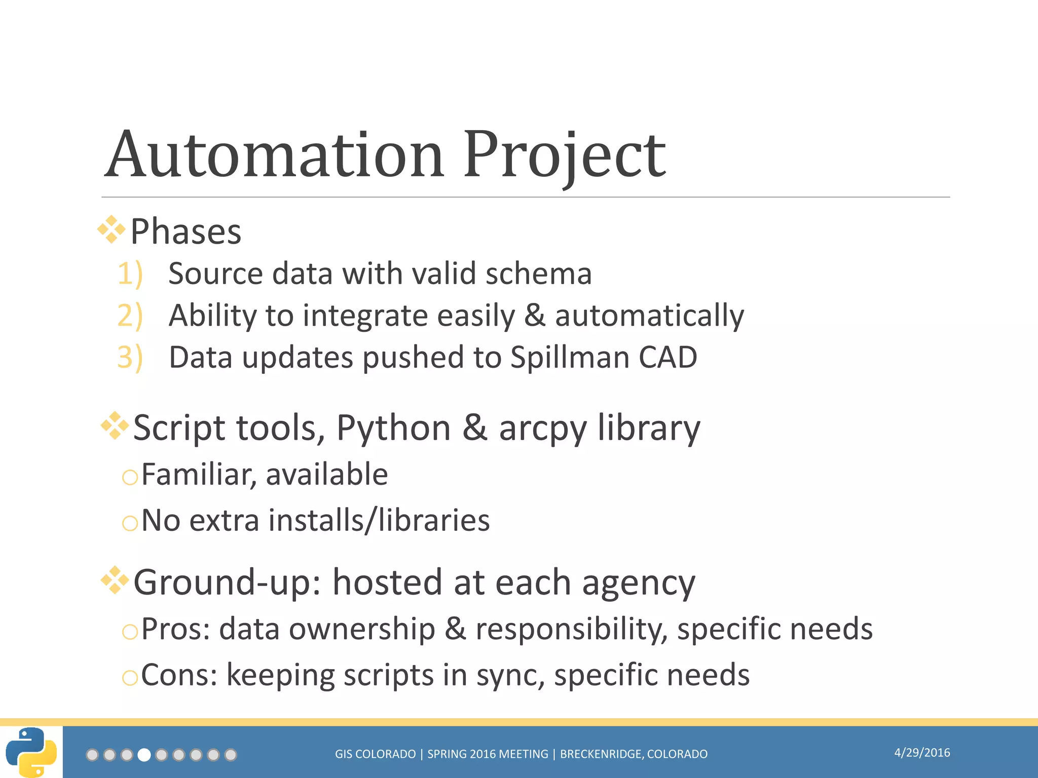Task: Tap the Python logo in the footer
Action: pyautogui.click(x=31, y=752)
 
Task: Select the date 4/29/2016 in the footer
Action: pyautogui.click(x=922, y=753)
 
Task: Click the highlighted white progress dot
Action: pyautogui.click(x=144, y=755)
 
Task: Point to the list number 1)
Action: pyautogui.click(x=130, y=274)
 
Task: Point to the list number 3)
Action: pyautogui.click(x=130, y=358)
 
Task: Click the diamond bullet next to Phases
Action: pyautogui.click(x=111, y=229)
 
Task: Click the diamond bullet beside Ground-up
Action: pyautogui.click(x=115, y=580)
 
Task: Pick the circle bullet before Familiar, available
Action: pyautogui.click(x=130, y=477)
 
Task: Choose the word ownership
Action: pyautogui.click(x=362, y=630)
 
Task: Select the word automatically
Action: pyautogui.click(x=649, y=316)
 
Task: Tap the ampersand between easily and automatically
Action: pyautogui.click(x=535, y=316)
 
